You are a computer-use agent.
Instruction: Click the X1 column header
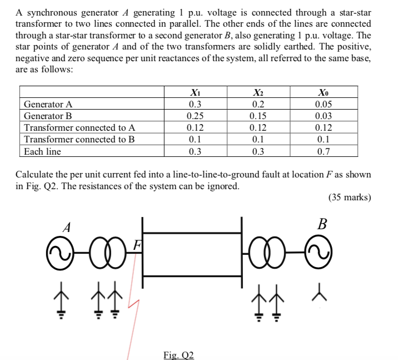click(x=195, y=92)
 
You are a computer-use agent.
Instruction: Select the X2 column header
click(x=257, y=92)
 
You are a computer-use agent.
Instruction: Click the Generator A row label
click(x=48, y=104)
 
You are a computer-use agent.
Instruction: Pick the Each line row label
click(x=42, y=151)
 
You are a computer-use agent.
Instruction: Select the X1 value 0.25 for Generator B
click(x=195, y=116)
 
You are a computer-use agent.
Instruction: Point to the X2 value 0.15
click(x=257, y=116)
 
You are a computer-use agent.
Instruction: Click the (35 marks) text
click(x=349, y=197)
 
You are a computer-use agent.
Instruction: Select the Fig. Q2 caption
click(x=178, y=354)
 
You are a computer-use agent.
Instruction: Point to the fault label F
click(x=137, y=243)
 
